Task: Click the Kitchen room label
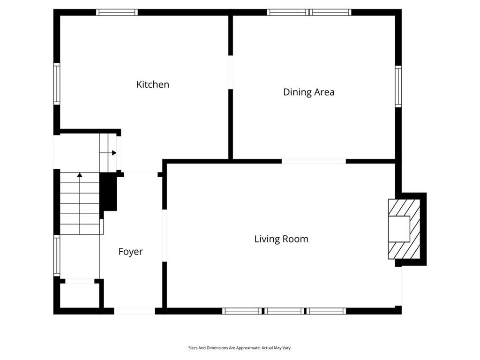tap(152, 84)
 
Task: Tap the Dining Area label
tap(308, 92)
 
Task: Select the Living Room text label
tap(281, 239)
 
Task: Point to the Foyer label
tap(130, 252)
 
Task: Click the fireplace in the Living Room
tap(404, 229)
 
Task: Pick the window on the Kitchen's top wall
tap(117, 12)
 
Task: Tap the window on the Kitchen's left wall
tap(57, 84)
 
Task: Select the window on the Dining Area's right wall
tap(398, 86)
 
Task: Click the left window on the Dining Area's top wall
tap(288, 12)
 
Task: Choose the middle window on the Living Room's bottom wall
tap(284, 311)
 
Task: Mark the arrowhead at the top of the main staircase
tap(80, 175)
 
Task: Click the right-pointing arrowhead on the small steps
tap(114, 153)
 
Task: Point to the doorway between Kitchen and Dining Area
tap(231, 72)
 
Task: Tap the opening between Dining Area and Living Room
tap(314, 161)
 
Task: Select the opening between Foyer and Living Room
tap(165, 235)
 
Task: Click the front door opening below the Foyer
tap(135, 311)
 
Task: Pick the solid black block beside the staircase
tap(108, 192)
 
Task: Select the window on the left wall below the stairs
tap(57, 255)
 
